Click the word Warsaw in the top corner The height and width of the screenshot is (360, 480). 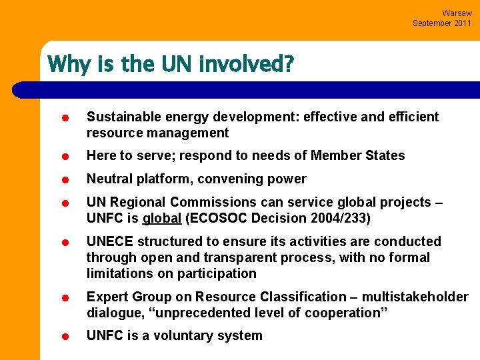coord(457,13)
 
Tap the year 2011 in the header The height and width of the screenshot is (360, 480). coord(461,23)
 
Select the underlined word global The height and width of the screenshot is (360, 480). coord(162,218)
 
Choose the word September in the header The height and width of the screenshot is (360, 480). coord(430,23)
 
